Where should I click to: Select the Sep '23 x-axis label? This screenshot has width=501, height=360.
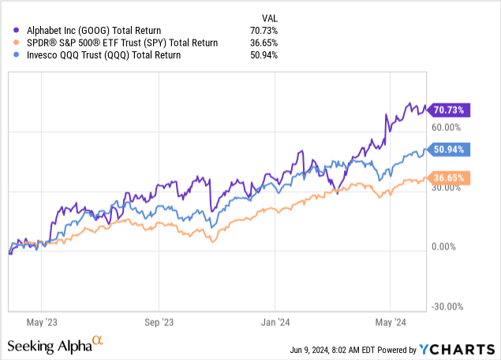pyautogui.click(x=159, y=321)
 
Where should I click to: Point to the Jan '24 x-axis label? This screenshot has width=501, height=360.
pyautogui.click(x=275, y=321)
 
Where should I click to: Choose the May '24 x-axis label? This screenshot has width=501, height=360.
pyautogui.click(x=390, y=321)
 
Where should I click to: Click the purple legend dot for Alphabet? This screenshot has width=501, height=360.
pyautogui.click(x=17, y=31)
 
